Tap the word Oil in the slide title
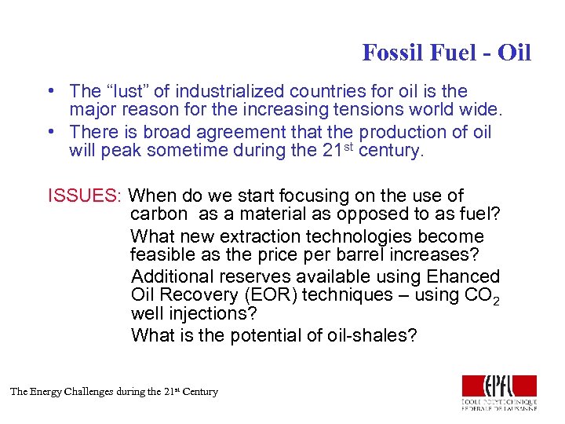click(x=515, y=53)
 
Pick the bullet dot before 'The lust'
click(x=50, y=92)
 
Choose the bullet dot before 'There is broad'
click(x=50, y=132)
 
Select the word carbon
click(x=159, y=214)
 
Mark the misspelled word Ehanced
click(x=463, y=276)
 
